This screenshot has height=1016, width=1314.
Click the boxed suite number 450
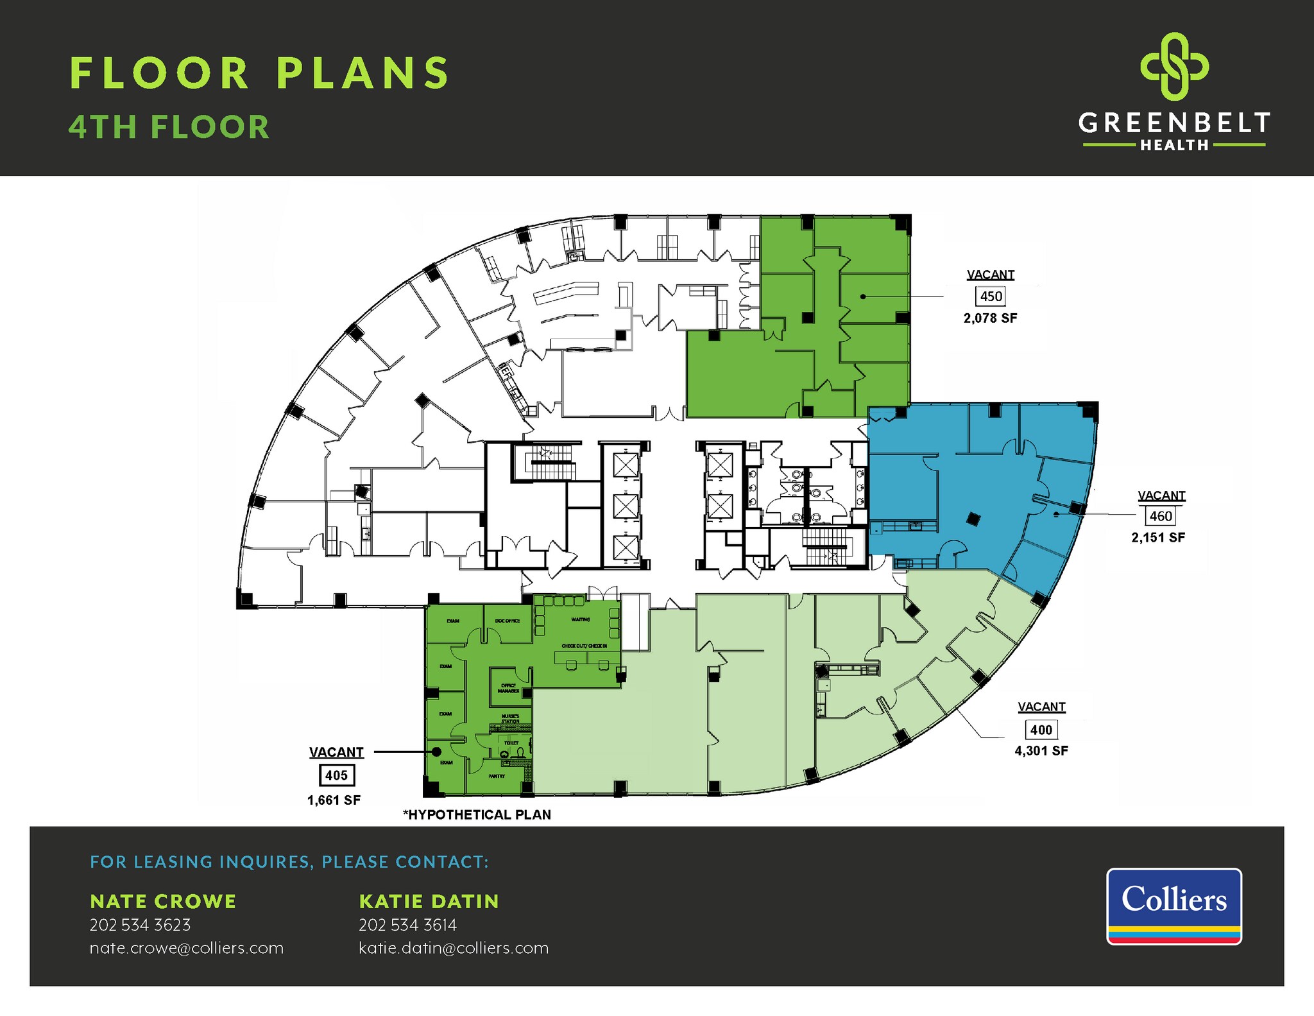(991, 297)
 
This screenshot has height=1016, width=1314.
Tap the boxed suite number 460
(1161, 516)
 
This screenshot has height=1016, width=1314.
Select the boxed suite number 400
(1041, 730)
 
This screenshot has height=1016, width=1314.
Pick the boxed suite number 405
(336, 775)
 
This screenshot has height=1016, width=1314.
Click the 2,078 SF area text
(990, 318)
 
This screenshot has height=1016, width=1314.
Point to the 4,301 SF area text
(1041, 751)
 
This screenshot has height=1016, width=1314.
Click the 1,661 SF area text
(334, 800)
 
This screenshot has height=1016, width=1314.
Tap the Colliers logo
(1173, 906)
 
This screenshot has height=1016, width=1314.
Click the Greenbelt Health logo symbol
(1174, 66)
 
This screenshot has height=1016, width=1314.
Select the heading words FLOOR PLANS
(260, 73)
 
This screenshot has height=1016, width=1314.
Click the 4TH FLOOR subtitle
(169, 127)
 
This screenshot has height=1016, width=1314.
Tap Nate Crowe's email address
(186, 948)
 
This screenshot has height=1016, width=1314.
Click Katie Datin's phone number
(407, 925)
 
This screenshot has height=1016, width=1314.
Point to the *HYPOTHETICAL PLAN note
(477, 815)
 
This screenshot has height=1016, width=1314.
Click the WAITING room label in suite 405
(581, 619)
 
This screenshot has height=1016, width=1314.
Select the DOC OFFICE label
(508, 621)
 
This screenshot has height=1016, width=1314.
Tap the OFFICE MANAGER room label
(509, 688)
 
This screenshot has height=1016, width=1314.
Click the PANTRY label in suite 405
(497, 776)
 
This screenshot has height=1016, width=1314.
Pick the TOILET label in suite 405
(511, 743)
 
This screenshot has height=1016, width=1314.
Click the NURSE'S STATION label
(511, 718)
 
